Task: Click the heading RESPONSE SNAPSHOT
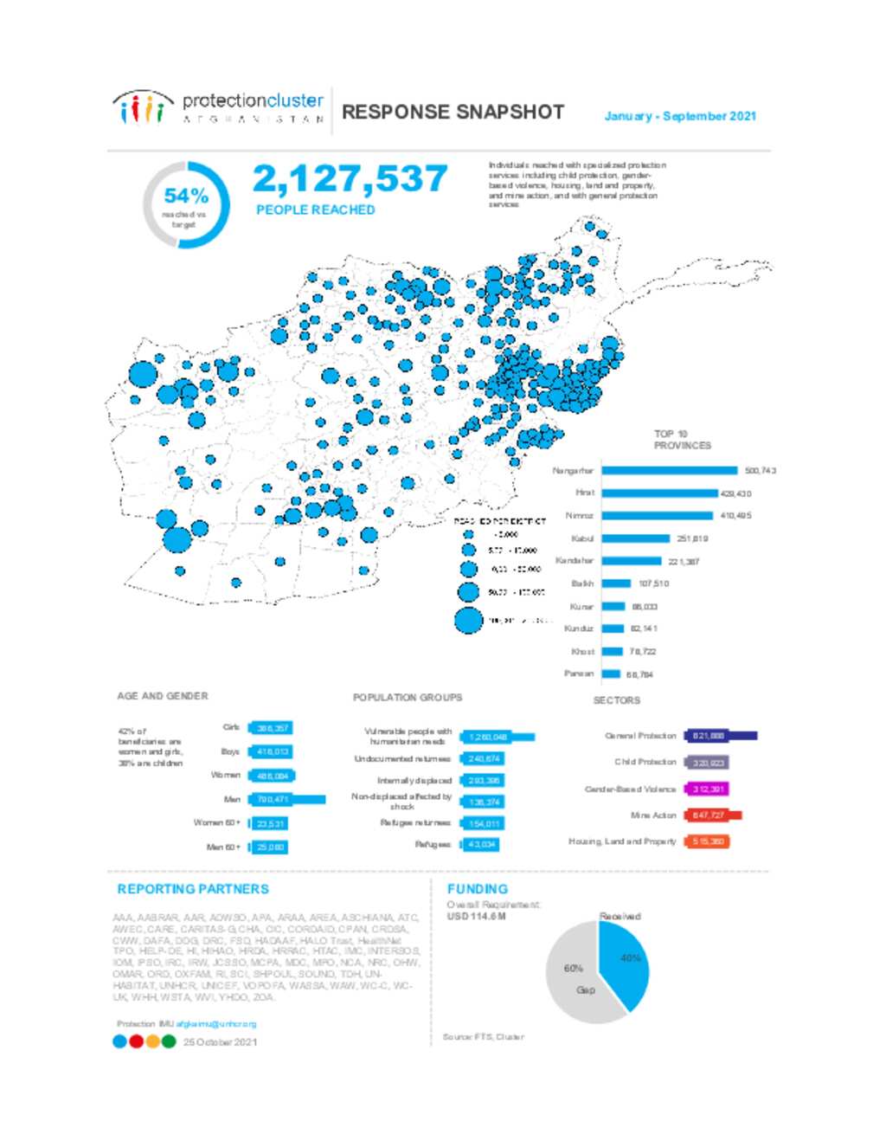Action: tap(453, 113)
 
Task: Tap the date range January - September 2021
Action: tap(680, 116)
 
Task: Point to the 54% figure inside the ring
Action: tap(185, 197)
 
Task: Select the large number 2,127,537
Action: tap(350, 179)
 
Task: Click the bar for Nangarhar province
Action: tap(670, 471)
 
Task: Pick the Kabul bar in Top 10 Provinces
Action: tap(636, 538)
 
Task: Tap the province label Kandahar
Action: tap(575, 561)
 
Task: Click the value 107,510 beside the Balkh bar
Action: tap(653, 584)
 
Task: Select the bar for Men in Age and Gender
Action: tap(287, 800)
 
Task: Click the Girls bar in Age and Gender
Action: tap(270, 729)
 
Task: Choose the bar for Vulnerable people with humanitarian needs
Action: tap(498, 738)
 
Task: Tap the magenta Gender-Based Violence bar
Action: tap(706, 789)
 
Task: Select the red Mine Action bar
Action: tap(713, 815)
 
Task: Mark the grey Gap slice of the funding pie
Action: tap(575, 983)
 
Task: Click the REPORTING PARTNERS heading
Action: tap(193, 889)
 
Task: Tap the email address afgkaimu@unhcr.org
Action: tap(216, 1024)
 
